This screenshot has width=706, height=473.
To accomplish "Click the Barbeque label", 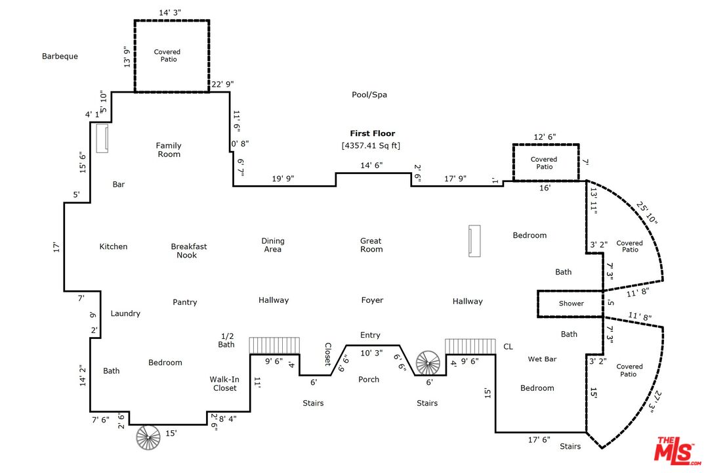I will click(60, 56).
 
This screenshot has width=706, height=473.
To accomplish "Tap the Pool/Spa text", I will click(369, 95).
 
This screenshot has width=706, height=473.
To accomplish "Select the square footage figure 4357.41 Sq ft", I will click(371, 145).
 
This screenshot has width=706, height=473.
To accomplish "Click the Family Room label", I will click(169, 150).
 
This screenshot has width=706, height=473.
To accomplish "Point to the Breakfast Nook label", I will click(189, 251).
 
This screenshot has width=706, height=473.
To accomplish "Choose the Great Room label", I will click(371, 245).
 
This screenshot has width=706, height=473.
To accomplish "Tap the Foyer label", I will click(372, 300).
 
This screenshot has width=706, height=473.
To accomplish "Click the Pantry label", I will click(185, 302).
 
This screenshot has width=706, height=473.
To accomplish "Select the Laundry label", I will click(125, 313).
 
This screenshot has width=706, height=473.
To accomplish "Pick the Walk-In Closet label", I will click(224, 384).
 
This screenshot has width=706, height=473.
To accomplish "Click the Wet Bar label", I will click(542, 359).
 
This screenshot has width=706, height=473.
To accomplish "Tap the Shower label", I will click(571, 304).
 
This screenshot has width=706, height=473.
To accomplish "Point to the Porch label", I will click(369, 379).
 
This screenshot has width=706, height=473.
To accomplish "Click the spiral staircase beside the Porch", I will click(428, 363).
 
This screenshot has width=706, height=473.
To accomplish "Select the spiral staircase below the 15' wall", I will click(148, 438).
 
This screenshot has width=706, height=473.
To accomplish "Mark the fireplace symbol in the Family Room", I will click(102, 139).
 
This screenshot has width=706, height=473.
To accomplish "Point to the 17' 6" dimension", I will click(539, 439).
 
